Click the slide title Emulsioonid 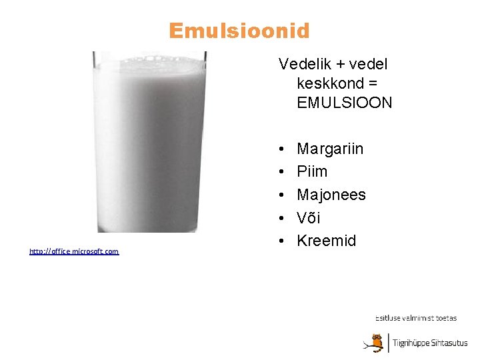[x=239, y=31]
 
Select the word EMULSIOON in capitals [x=345, y=103]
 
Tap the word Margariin [x=330, y=149]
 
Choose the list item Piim [x=312, y=171]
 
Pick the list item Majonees [x=331, y=195]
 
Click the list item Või [x=309, y=218]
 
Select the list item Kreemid [x=327, y=241]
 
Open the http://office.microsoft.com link [x=74, y=251]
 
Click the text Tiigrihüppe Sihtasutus [x=430, y=343]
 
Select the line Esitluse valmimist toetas [x=416, y=318]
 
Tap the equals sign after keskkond [x=374, y=84]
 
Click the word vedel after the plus [x=368, y=64]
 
